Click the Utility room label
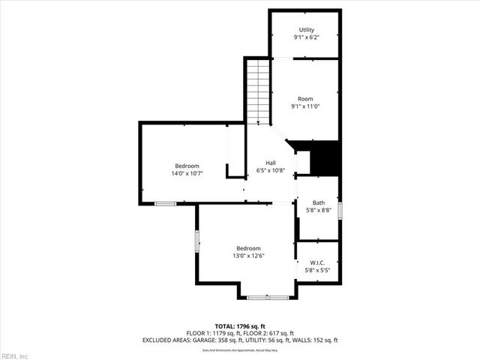[306, 30]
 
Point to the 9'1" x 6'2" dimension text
[306, 37]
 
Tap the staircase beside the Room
[257, 91]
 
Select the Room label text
[305, 99]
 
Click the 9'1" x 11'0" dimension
[305, 106]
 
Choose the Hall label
[271, 163]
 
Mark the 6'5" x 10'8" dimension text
[271, 170]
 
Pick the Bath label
[319, 202]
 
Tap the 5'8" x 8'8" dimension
[319, 210]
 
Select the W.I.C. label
[318, 262]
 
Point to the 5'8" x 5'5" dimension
[318, 270]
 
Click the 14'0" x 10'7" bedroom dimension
[187, 173]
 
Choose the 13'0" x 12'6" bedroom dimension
[249, 256]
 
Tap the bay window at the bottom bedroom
[267, 298]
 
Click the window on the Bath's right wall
[340, 210]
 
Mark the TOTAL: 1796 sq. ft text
[239, 326]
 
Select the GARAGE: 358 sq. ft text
[218, 340]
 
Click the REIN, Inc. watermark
[15, 355]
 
